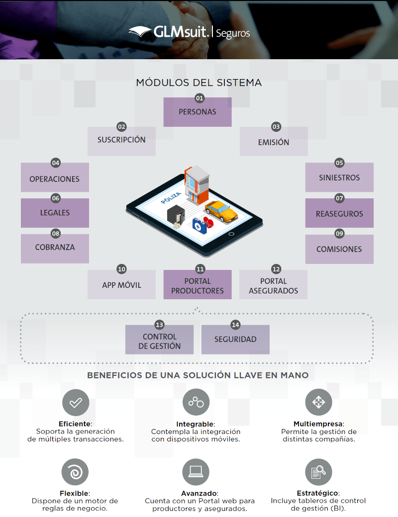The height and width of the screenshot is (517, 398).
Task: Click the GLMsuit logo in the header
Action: pos(189,32)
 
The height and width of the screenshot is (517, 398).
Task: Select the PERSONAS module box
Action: pos(198,112)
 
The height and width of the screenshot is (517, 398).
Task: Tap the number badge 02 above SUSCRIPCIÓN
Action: pos(122,127)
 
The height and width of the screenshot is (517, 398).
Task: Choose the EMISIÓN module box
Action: pos(274,142)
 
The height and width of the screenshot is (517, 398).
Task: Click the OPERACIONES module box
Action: pos(55,178)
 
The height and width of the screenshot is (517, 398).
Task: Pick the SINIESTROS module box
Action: pos(339,178)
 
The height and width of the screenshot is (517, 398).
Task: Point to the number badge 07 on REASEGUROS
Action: pos(340,198)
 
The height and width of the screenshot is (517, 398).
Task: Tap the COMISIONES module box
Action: pos(339,249)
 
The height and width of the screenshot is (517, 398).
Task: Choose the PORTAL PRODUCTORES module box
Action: pos(198,285)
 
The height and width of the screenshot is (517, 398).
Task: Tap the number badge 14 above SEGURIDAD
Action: pos(236,325)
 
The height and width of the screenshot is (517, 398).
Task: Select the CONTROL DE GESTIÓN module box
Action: pos(159,341)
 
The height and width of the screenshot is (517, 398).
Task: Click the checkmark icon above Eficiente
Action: pos(76,402)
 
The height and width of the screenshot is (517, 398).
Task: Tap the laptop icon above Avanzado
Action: pos(196,472)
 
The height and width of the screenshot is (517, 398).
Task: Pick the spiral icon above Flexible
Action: pos(75,472)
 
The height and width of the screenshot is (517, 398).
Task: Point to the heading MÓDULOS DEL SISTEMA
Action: pos(199,83)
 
